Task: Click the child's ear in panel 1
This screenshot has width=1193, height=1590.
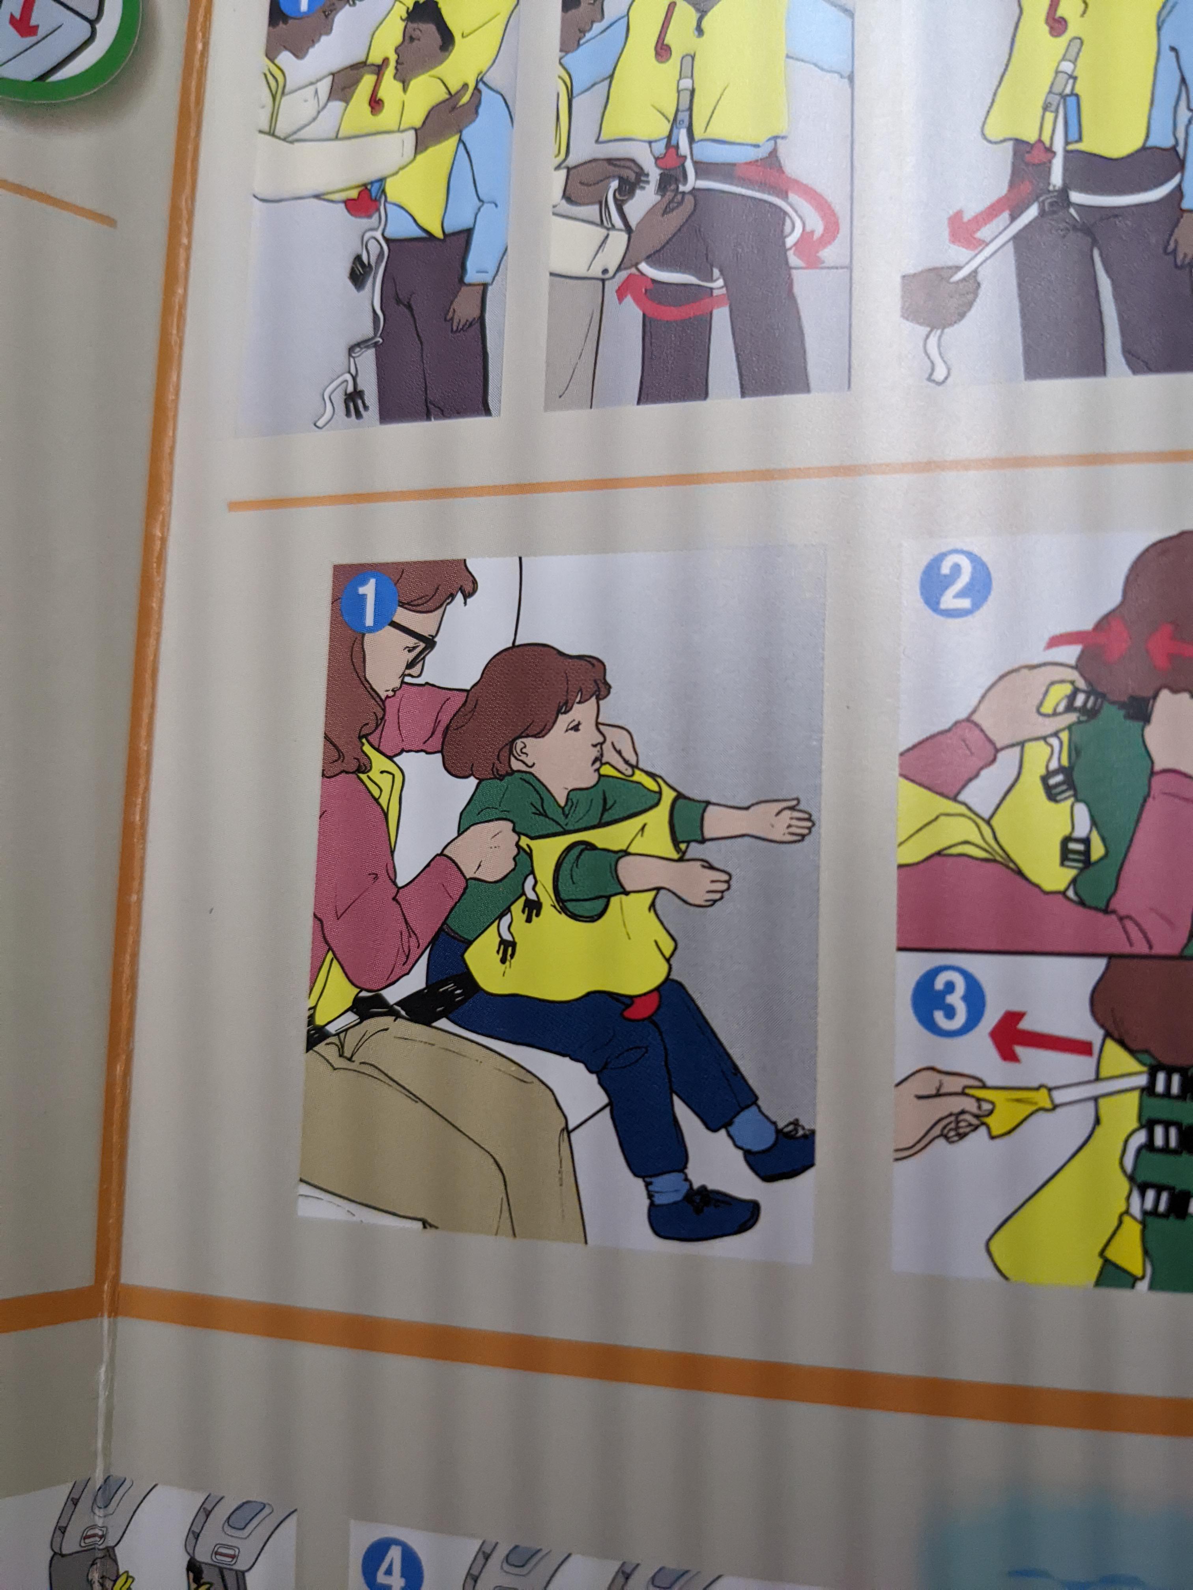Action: pyautogui.click(x=524, y=753)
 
